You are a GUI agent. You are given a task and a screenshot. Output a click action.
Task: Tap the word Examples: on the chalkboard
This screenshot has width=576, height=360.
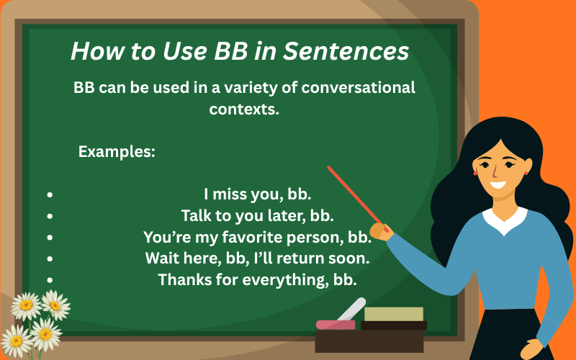tap(117, 152)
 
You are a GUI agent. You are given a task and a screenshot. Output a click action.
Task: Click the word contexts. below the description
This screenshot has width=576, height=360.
tap(244, 109)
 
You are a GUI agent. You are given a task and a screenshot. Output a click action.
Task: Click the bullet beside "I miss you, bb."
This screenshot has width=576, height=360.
tap(50, 194)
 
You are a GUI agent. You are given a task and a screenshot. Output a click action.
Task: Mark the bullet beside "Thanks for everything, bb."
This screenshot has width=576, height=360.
tap(50, 279)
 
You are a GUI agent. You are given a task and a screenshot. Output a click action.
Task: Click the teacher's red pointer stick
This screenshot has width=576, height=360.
tap(354, 194)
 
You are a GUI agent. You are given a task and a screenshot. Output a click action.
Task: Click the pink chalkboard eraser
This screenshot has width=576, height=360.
tap(335, 325)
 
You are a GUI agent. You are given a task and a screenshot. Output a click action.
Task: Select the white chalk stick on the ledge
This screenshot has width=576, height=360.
tap(352, 310)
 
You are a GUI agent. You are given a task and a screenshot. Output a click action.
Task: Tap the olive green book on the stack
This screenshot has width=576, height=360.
tap(393, 314)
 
